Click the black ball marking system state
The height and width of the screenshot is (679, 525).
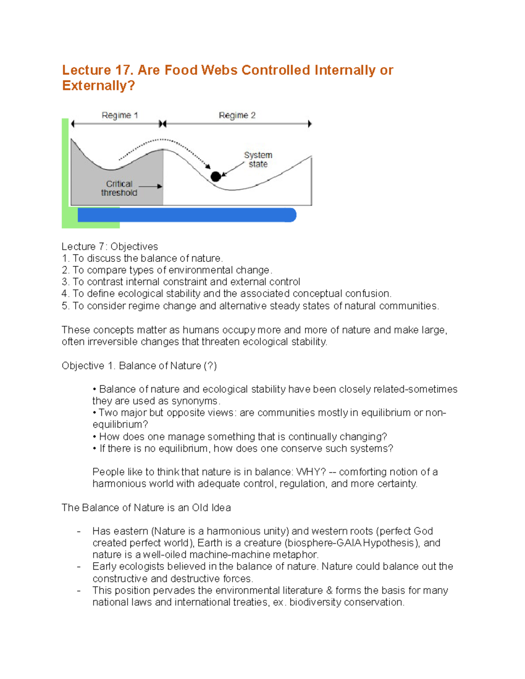click(x=216, y=177)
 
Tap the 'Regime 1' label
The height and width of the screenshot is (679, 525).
click(x=119, y=115)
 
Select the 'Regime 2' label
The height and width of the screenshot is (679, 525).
click(x=237, y=115)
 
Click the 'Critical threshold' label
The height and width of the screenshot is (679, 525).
click(x=119, y=188)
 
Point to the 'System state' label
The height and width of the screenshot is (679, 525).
click(x=258, y=160)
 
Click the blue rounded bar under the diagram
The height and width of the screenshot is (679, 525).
click(x=187, y=215)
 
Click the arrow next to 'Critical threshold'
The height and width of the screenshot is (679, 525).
click(x=150, y=186)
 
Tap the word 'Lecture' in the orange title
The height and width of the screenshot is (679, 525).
click(x=86, y=70)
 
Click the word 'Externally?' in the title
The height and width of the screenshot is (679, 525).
click(x=98, y=86)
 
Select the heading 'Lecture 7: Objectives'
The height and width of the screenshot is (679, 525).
click(x=110, y=247)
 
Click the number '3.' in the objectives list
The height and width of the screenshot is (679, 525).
click(x=66, y=282)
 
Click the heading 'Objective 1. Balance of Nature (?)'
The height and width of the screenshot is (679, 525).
click(x=139, y=366)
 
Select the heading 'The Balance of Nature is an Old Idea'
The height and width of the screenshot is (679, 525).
click(x=146, y=508)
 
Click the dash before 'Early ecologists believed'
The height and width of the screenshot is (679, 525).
click(x=79, y=567)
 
